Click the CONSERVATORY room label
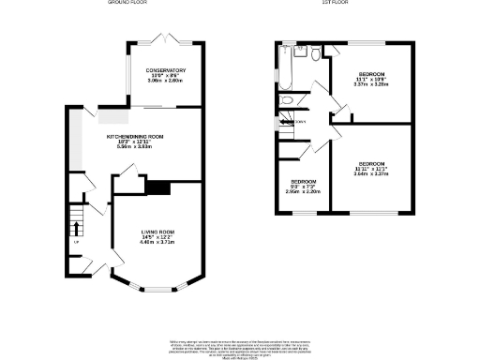point(165,70)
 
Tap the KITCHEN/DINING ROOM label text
point(140,137)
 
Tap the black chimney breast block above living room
point(158,188)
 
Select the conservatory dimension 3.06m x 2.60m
point(165,82)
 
